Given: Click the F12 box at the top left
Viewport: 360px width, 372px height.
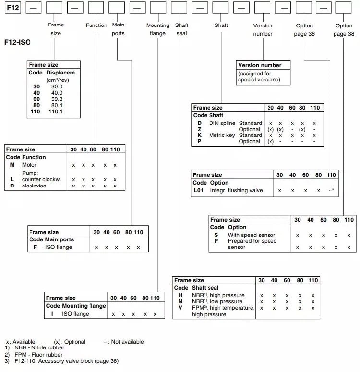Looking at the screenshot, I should (x=12, y=8).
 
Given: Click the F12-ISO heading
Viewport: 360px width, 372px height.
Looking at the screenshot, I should (x=17, y=42).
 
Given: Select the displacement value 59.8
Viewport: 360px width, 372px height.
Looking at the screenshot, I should (x=57, y=99).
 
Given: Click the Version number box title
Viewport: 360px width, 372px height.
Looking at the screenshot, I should (x=260, y=65).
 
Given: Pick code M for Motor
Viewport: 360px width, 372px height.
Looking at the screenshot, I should (x=12, y=165).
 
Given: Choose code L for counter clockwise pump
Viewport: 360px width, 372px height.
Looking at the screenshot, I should (x=12, y=179).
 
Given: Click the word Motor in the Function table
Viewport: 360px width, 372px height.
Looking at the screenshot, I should (x=29, y=165).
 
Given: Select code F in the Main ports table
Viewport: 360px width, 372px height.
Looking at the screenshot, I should (x=35, y=247).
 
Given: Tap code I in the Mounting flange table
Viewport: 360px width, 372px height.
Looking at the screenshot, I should (x=52, y=314).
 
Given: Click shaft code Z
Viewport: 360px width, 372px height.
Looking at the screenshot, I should (x=199, y=129).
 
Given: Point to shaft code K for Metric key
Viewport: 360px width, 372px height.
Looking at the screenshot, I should (x=199, y=135).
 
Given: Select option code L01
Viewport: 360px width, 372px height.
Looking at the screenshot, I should (x=200, y=190).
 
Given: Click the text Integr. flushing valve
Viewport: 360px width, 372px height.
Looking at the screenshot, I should (x=236, y=190).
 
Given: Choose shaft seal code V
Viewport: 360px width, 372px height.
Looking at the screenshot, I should (x=180, y=308).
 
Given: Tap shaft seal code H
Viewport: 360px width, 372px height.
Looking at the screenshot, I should (x=180, y=295).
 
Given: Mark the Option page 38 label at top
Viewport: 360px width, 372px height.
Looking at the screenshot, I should (x=344, y=30).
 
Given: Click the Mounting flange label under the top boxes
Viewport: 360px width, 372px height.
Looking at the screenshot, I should (x=158, y=29).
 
